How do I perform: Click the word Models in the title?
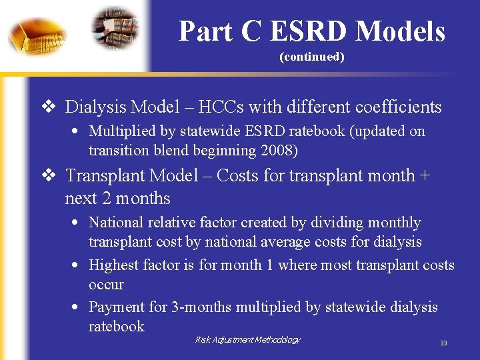coord(400,31)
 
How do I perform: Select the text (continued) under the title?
coord(311,57)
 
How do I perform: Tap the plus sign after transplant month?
coord(425,176)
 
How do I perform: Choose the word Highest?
coord(114,265)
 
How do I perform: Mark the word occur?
coord(106,284)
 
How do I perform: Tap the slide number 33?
coord(443,343)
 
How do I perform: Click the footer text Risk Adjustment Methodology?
coord(247,340)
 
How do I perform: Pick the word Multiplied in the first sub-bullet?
coord(121,131)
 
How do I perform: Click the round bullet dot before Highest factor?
coord(77,265)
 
